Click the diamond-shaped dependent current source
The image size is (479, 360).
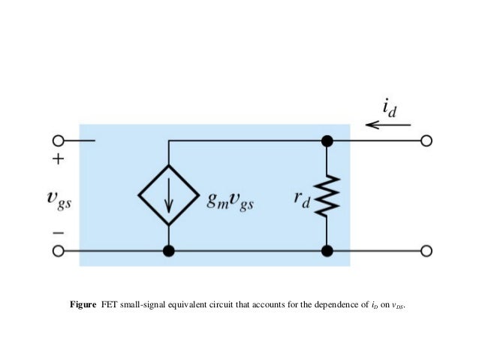pos(168,195)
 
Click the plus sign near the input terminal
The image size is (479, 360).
pos(59,160)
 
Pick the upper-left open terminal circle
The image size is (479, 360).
pos(58,141)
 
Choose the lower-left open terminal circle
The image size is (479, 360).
pos(58,252)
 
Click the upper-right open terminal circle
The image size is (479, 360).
pos(427,141)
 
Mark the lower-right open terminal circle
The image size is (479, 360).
pos(427,252)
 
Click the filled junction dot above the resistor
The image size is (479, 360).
pos(327,141)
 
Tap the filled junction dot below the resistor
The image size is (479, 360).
pos(327,252)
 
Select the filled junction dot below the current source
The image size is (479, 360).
pos(168,252)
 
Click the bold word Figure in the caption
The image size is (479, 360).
pos(84,305)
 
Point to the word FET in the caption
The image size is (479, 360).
pos(110,305)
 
